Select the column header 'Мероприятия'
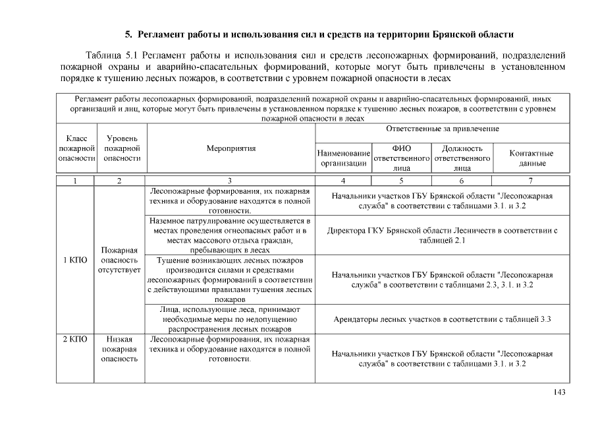[x=230, y=148]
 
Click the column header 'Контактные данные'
[x=531, y=158]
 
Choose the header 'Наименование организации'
[x=343, y=158]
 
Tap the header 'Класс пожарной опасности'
[x=77, y=148]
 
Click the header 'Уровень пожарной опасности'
[x=122, y=148]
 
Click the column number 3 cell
[x=230, y=181]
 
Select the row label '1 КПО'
[x=77, y=260]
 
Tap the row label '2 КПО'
[x=77, y=340]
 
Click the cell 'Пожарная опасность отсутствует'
[x=122, y=260]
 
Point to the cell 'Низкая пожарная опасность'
[x=122, y=349]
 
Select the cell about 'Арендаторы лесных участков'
[x=442, y=319]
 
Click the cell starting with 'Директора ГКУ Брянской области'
[x=442, y=235]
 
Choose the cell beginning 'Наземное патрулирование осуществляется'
[x=230, y=235]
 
